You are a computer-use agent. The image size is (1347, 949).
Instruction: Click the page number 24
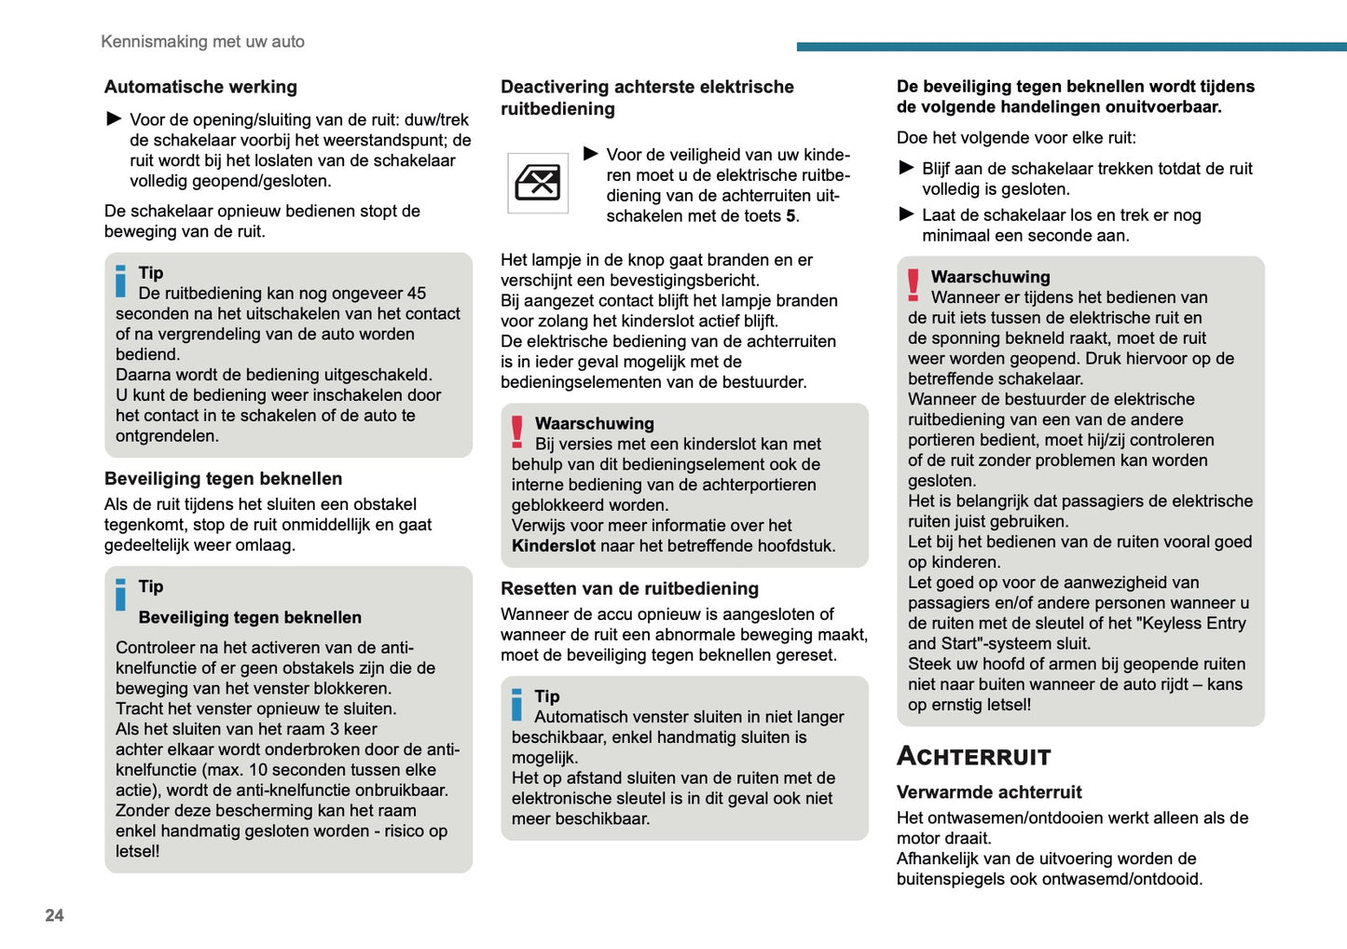pos(54,915)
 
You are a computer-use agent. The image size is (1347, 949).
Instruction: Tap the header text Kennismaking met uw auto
pos(202,41)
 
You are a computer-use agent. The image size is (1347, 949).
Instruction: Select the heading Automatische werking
pos(200,87)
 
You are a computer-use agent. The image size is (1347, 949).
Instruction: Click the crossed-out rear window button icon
pos(538,183)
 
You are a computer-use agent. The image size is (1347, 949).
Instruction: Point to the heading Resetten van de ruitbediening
pos(629,588)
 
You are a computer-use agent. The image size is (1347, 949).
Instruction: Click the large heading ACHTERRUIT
pos(973,756)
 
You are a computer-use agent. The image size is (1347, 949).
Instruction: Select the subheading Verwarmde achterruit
pos(988,792)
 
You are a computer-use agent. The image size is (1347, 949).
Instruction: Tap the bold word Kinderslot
pos(553,546)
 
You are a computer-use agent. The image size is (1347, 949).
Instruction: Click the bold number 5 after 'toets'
pos(790,216)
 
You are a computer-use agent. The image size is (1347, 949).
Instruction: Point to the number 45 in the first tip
pos(416,294)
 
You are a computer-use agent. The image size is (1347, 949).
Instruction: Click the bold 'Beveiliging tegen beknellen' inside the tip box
pos(250,617)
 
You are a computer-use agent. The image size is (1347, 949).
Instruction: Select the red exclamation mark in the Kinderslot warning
pos(517,432)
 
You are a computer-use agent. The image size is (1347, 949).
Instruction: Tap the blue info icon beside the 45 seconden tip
pos(120,282)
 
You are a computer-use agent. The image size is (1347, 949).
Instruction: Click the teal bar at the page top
pos(1071,47)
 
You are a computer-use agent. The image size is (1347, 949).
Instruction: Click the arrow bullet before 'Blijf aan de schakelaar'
pos(906,168)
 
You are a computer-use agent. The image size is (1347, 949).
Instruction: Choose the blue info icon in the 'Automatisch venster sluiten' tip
pos(517,705)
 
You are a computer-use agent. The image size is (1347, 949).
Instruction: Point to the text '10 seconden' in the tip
pos(292,770)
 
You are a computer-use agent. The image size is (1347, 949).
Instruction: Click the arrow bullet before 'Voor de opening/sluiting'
pos(114,118)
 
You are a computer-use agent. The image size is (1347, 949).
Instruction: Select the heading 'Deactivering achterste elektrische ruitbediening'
pos(647,98)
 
